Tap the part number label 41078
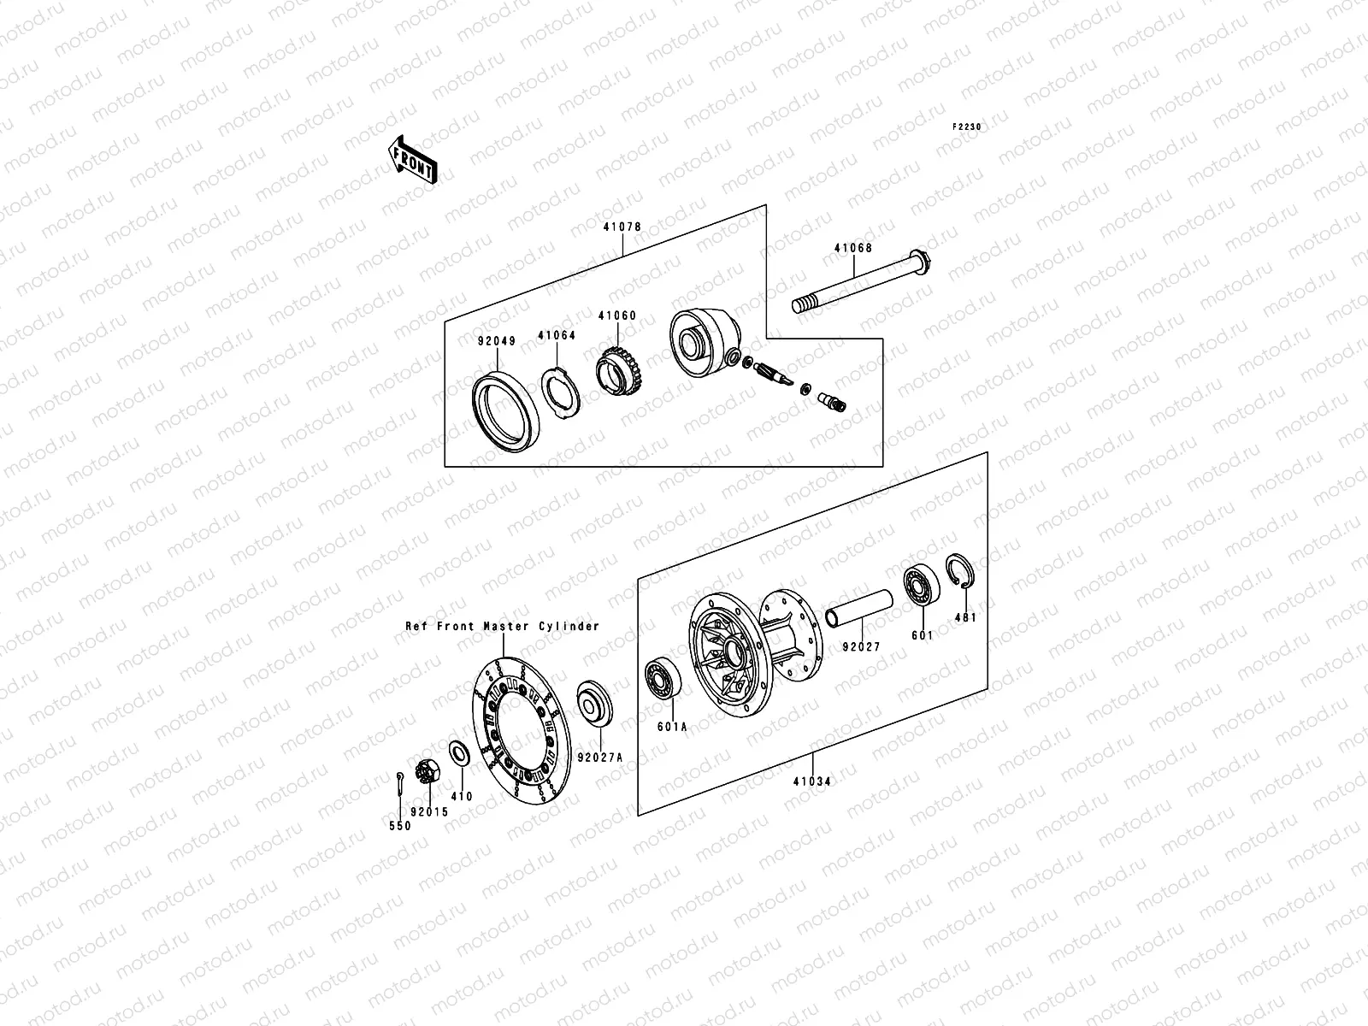click(x=622, y=227)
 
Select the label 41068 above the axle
click(x=853, y=249)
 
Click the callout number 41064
click(x=557, y=336)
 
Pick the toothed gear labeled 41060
click(x=619, y=373)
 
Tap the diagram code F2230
click(x=968, y=127)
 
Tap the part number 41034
click(x=811, y=781)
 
